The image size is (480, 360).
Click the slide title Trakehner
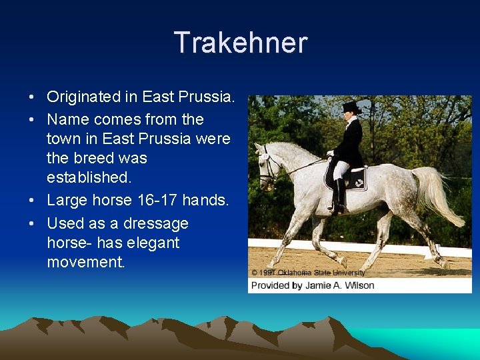(240, 43)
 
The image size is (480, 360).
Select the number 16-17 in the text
(155, 200)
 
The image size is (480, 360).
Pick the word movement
(85, 262)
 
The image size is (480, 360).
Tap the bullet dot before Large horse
(32, 200)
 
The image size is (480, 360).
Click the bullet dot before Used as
(32, 224)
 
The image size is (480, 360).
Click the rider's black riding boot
(340, 195)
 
